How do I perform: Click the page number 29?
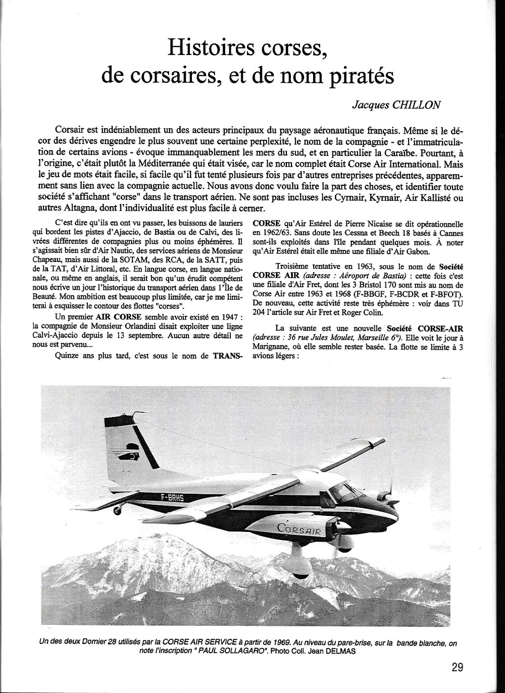[458, 667]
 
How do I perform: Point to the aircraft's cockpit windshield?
[344, 490]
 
